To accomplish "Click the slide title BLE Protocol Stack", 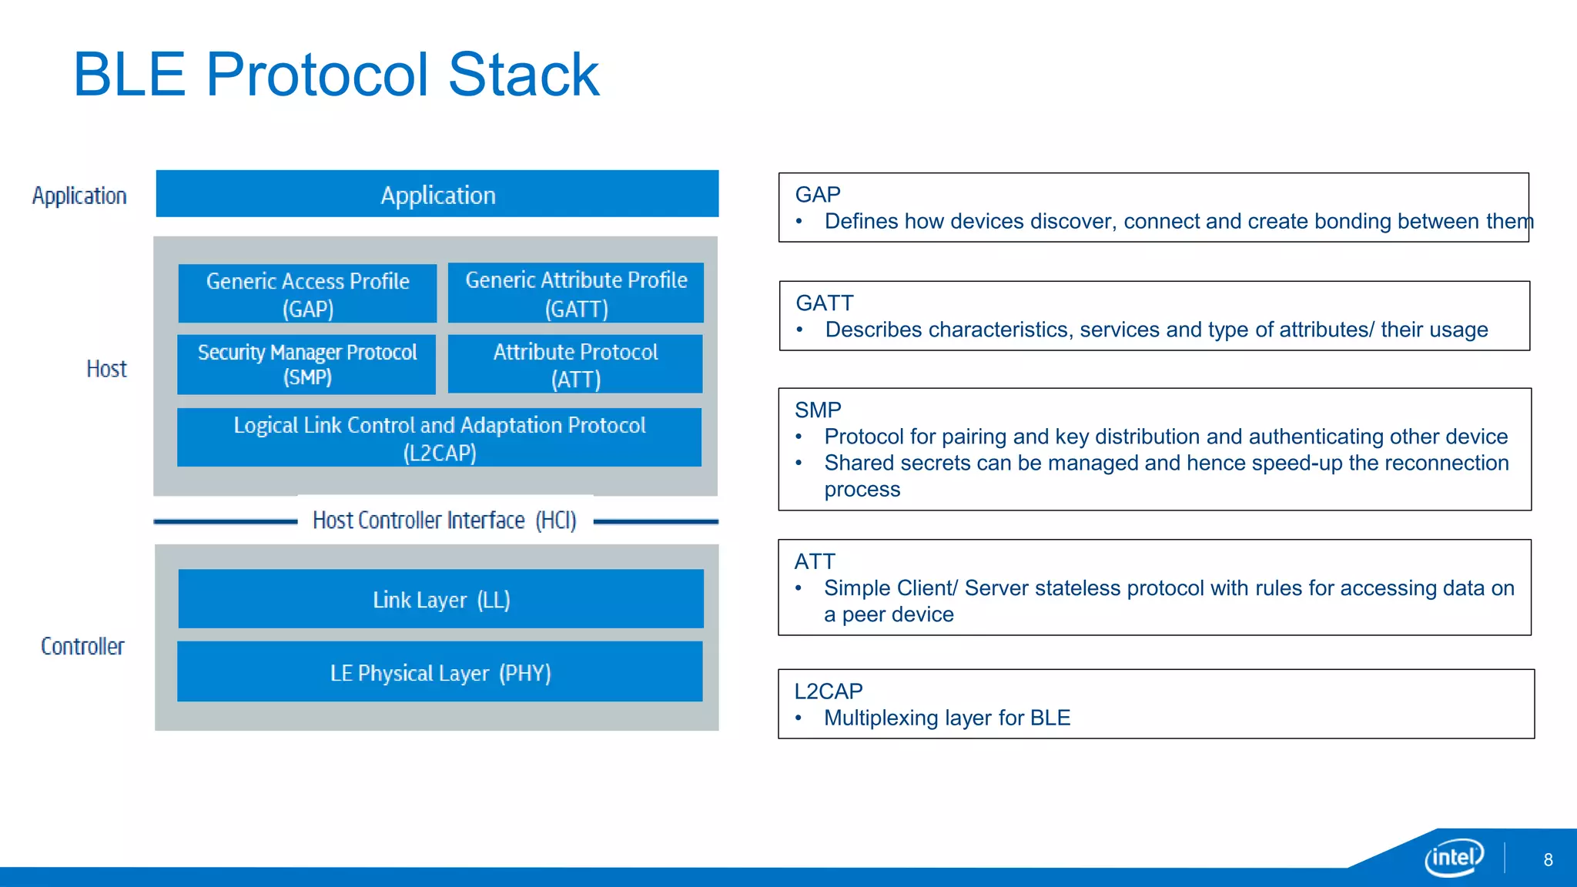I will coord(336,75).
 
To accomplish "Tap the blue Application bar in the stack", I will coord(437,194).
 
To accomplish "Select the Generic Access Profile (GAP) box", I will coord(307,294).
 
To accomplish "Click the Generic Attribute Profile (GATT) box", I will coord(576,293).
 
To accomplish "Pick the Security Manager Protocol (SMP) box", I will coord(306,364).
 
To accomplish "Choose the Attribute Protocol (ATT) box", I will coord(575,364).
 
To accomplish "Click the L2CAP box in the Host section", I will coord(439,437).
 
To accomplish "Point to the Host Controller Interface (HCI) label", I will coord(444,520).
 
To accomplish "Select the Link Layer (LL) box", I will coord(440,599).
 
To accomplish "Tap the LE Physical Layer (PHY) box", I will coord(440,672).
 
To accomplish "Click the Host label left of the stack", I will coord(106,369).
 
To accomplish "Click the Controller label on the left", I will coord(82,646).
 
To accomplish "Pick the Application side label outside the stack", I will coord(79,196).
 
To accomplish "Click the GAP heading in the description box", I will coord(817,194).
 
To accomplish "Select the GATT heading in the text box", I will coord(824,303).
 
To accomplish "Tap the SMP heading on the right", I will coord(818,410).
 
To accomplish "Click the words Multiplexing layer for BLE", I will coord(946,718).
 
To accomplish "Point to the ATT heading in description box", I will coord(815,561).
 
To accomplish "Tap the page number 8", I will coord(1548,860).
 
